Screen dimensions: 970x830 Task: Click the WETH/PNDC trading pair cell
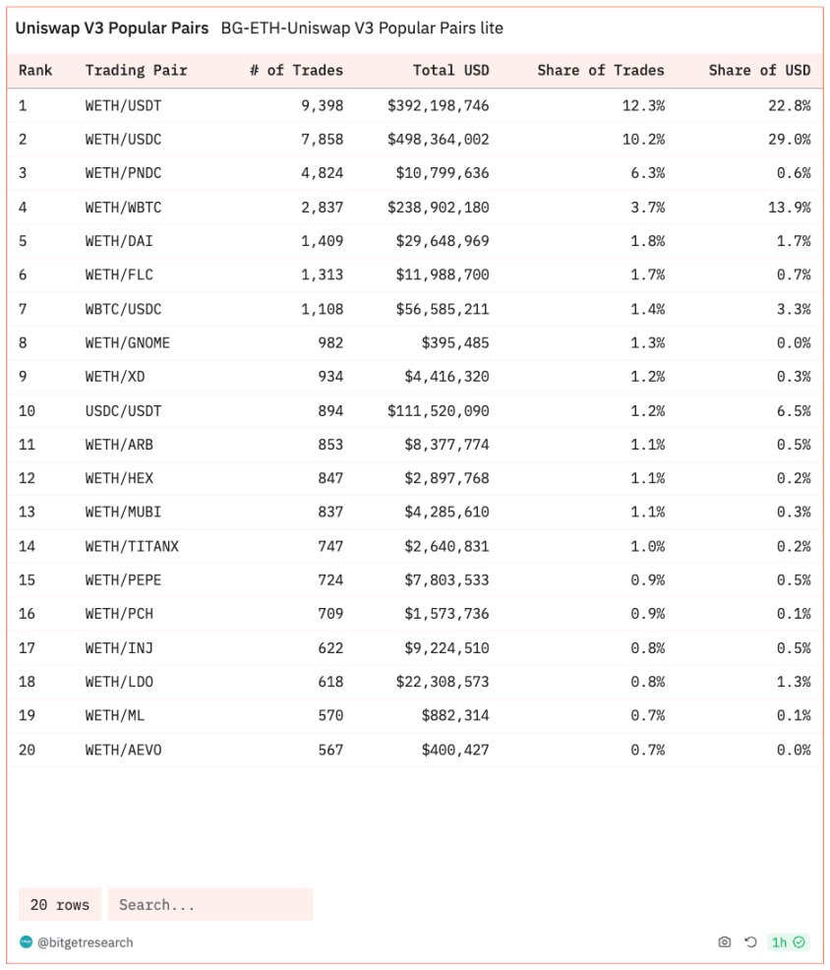123,173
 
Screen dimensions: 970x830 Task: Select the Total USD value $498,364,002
438,140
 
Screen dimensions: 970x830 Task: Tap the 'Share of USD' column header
759,71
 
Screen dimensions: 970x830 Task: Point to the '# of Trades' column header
296,71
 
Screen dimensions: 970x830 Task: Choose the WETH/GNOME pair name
127,343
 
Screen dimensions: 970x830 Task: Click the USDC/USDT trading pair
123,411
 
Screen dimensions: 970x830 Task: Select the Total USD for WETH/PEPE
446,580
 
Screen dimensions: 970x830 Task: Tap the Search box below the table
210,905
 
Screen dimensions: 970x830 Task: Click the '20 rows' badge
60,905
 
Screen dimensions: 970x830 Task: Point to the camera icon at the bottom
725,942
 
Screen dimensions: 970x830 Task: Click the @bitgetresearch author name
85,942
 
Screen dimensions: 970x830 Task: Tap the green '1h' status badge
788,942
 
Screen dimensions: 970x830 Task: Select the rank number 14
27,547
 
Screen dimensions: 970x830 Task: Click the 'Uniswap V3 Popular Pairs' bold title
111,29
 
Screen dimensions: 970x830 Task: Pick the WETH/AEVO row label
123,751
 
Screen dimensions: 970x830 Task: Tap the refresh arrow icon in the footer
750,942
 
